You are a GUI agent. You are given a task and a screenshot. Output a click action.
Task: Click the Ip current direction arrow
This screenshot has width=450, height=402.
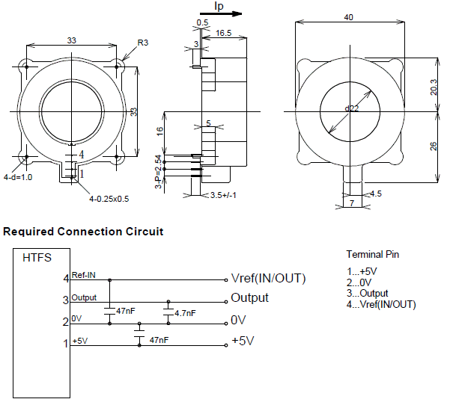tap(228, 12)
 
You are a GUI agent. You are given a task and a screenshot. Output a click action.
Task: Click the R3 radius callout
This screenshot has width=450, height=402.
tap(142, 44)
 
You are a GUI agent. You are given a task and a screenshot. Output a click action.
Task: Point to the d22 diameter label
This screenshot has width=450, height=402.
tap(351, 108)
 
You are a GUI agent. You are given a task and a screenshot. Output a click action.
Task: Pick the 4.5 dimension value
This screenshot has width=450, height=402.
tap(376, 194)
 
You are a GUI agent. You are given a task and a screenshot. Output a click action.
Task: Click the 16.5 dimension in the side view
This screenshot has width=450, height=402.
tap(222, 34)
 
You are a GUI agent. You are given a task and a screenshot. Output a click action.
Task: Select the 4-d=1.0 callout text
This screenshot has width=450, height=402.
tap(18, 178)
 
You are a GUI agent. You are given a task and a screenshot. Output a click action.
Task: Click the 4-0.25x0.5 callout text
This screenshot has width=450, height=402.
tap(109, 199)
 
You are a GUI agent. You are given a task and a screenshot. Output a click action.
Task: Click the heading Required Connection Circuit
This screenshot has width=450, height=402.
tap(83, 232)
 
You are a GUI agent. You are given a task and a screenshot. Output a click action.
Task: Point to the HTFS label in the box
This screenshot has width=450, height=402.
tap(37, 258)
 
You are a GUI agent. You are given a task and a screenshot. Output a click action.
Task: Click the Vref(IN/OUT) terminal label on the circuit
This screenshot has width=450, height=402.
tap(268, 279)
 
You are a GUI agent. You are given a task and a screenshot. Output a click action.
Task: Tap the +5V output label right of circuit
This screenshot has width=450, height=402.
tap(243, 341)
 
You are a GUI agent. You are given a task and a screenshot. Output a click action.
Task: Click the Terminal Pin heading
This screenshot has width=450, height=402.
tap(373, 254)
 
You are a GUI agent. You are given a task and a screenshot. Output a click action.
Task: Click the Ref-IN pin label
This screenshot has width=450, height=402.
tap(83, 275)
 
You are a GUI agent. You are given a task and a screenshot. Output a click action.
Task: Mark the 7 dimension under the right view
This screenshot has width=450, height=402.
tap(351, 203)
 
